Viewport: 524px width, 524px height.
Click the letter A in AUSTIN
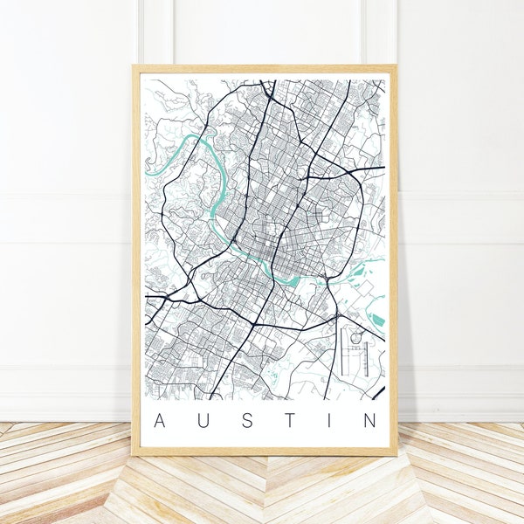(158, 421)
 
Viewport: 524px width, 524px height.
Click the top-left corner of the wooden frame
(134, 65)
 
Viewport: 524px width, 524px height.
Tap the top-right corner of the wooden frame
(396, 65)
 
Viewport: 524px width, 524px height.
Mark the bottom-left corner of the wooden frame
(134, 454)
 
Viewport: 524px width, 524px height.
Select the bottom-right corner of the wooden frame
(396, 454)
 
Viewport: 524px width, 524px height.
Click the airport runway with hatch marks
(368, 358)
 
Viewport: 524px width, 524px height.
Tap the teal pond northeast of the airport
(377, 320)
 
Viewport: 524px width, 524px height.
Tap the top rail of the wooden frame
(262, 68)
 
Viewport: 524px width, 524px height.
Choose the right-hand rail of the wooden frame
(393, 262)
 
